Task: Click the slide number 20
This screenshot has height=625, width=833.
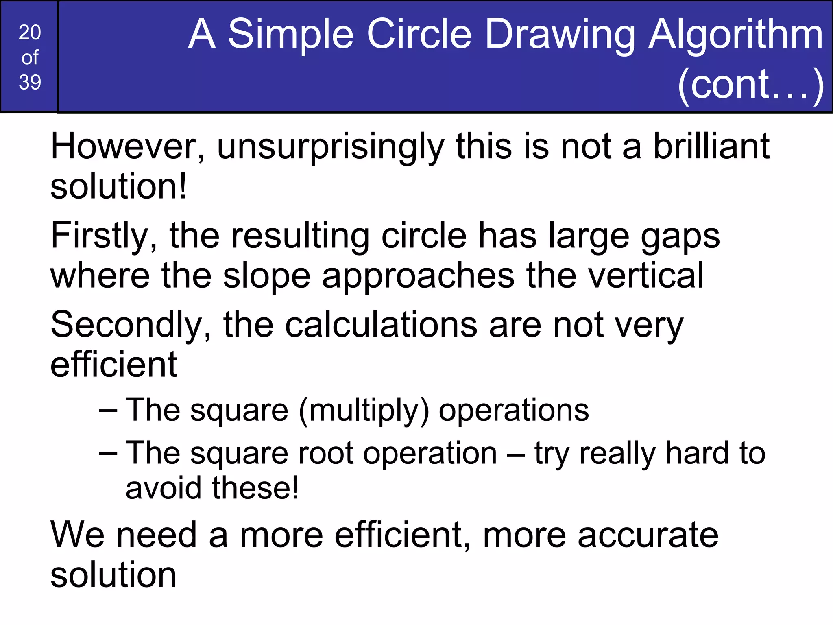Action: [x=30, y=33]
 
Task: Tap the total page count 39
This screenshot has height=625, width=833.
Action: [x=30, y=82]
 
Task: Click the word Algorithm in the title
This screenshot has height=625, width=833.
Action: [x=736, y=35]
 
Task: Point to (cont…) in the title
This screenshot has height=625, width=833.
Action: [x=751, y=85]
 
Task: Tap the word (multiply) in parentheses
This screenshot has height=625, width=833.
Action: [x=364, y=411]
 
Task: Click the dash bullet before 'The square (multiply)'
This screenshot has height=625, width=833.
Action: [x=108, y=411]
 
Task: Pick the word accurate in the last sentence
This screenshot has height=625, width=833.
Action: [x=648, y=535]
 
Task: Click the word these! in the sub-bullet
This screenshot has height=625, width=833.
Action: [x=255, y=488]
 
